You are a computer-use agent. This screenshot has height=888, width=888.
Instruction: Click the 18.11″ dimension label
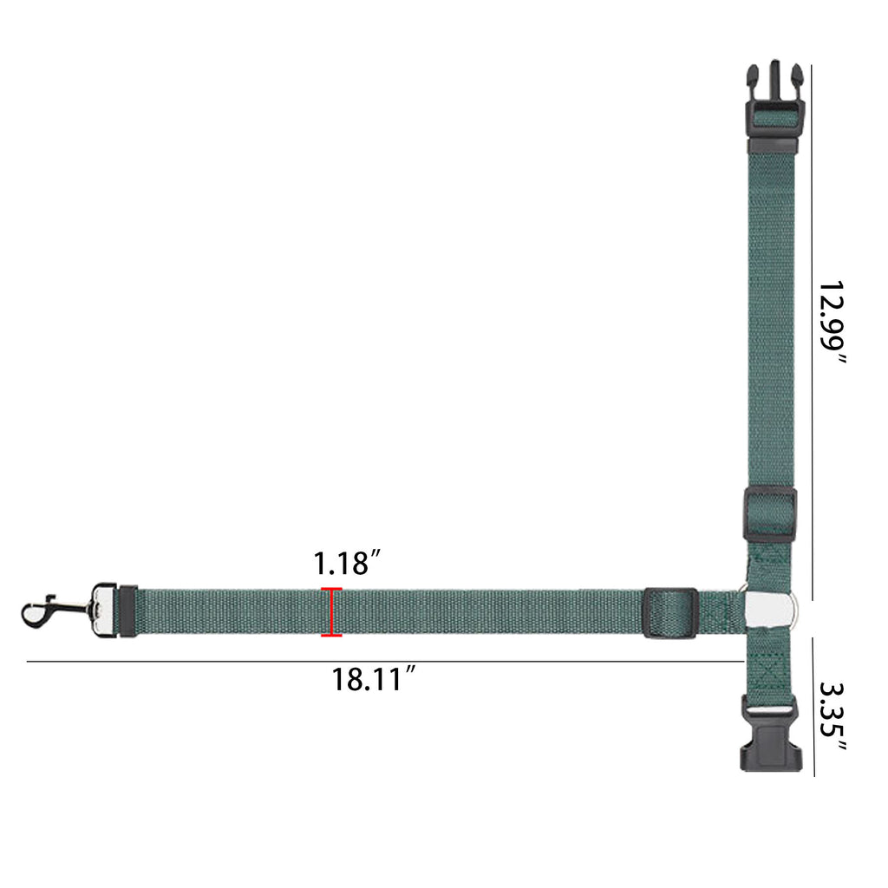(x=374, y=679)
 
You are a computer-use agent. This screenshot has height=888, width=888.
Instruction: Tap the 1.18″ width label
(x=347, y=563)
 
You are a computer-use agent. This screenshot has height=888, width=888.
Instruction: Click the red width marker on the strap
(x=331, y=612)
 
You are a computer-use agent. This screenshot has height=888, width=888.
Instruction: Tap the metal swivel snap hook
(x=55, y=611)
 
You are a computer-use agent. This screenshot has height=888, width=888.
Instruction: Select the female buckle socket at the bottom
(x=771, y=736)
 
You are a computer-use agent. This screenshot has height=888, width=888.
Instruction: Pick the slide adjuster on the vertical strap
(x=770, y=515)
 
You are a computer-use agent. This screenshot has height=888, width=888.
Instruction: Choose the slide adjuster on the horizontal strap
(x=670, y=613)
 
